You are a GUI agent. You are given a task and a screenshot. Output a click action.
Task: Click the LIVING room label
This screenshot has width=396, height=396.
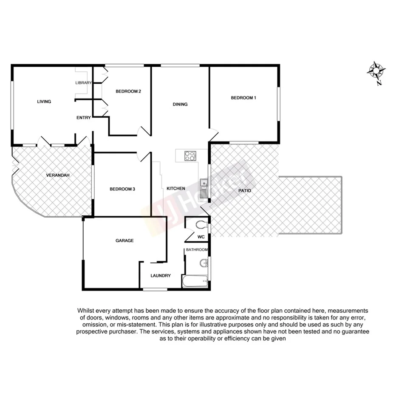(x=44, y=102)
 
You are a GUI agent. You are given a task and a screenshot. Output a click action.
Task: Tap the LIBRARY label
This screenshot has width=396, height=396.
(x=83, y=83)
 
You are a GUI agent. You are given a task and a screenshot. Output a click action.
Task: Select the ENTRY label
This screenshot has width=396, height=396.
(x=83, y=118)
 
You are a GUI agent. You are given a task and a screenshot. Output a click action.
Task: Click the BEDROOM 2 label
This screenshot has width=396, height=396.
(x=128, y=91)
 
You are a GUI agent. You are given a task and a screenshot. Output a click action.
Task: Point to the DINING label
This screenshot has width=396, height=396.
(x=180, y=104)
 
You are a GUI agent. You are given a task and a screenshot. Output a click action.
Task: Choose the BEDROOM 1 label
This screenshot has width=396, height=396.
(x=243, y=98)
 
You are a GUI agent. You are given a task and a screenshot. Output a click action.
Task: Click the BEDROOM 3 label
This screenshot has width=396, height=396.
(x=122, y=189)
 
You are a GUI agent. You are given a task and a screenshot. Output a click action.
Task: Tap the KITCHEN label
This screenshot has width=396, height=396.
(x=175, y=188)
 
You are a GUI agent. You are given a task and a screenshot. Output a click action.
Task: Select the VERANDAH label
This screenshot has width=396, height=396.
(x=58, y=175)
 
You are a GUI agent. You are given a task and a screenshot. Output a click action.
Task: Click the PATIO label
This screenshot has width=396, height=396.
(x=245, y=191)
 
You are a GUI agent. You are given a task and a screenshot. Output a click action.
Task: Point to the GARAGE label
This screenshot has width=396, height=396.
(x=124, y=240)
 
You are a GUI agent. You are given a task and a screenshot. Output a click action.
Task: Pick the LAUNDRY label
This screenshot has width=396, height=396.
(x=161, y=275)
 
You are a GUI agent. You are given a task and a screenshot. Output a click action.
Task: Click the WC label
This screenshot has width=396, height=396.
(x=201, y=237)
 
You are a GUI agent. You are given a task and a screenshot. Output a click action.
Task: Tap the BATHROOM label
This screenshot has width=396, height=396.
(x=197, y=250)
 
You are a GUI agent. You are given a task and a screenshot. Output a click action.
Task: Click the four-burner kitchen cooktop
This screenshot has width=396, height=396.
(x=190, y=156)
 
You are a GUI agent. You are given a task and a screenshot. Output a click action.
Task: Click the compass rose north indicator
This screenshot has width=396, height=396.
(x=376, y=71)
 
